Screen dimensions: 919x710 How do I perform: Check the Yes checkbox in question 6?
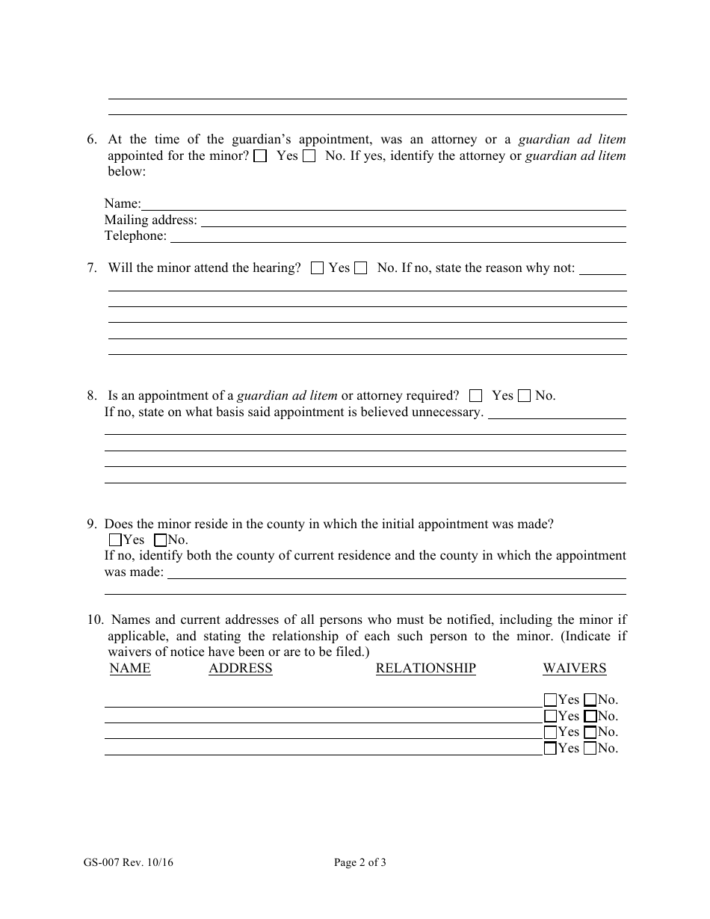coord(260,157)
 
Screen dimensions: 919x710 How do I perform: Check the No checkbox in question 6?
coord(309,157)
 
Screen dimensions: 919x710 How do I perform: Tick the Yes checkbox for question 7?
coord(317,268)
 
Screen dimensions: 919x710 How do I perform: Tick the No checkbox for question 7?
coord(361,268)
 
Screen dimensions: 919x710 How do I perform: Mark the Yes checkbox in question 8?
coord(476,396)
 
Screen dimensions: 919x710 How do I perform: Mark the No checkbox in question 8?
coord(525,396)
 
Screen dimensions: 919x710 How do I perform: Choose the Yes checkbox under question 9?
coord(115,539)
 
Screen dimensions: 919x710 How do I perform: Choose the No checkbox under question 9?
coord(160,539)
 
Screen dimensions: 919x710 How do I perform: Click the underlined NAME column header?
coord(130,669)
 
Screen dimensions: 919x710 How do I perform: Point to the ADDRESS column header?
coord(241,669)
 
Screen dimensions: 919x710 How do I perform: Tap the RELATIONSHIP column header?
coord(425,669)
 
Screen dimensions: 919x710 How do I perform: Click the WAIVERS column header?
coord(574,669)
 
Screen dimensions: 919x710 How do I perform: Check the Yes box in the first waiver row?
coord(551,700)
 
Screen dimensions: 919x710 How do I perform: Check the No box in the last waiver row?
coord(590,749)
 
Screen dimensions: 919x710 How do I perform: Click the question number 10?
coord(94,619)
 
